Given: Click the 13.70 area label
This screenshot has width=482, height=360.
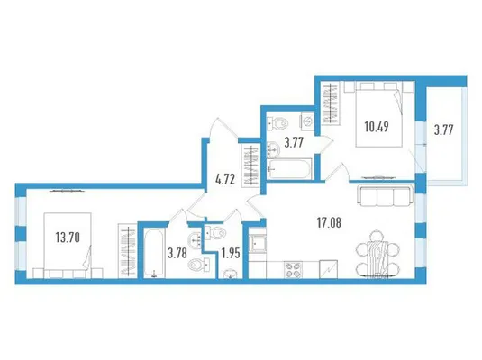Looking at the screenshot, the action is [x=68, y=238].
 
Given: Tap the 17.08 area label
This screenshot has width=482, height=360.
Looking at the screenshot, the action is [x=329, y=222].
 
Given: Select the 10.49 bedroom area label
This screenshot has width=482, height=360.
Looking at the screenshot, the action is [x=377, y=127].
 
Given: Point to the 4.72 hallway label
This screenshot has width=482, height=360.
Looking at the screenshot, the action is [x=225, y=179].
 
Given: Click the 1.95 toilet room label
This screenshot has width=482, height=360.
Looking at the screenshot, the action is [x=231, y=254].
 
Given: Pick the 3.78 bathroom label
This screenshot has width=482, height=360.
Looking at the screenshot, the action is [x=177, y=254].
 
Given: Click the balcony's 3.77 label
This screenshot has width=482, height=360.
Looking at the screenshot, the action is [x=443, y=130].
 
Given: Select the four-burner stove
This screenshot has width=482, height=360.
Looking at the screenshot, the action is [x=293, y=269].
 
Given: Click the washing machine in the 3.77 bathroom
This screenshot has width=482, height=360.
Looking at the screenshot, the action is [x=307, y=121].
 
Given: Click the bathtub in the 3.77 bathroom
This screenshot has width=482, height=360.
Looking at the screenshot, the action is [x=290, y=169].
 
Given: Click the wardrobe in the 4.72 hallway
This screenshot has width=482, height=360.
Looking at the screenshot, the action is [x=252, y=166].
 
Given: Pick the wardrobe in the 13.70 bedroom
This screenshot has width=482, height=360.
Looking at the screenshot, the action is [x=127, y=251].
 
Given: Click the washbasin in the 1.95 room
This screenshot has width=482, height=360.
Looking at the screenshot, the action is [x=230, y=274].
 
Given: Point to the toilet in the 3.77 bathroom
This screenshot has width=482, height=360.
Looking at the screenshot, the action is [x=278, y=123].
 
